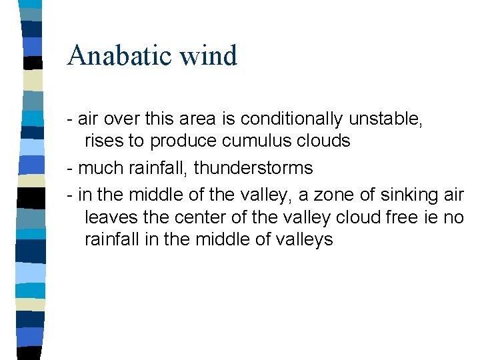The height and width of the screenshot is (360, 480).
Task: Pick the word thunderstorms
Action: click(253, 168)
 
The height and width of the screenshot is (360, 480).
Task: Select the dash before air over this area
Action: click(70, 120)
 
